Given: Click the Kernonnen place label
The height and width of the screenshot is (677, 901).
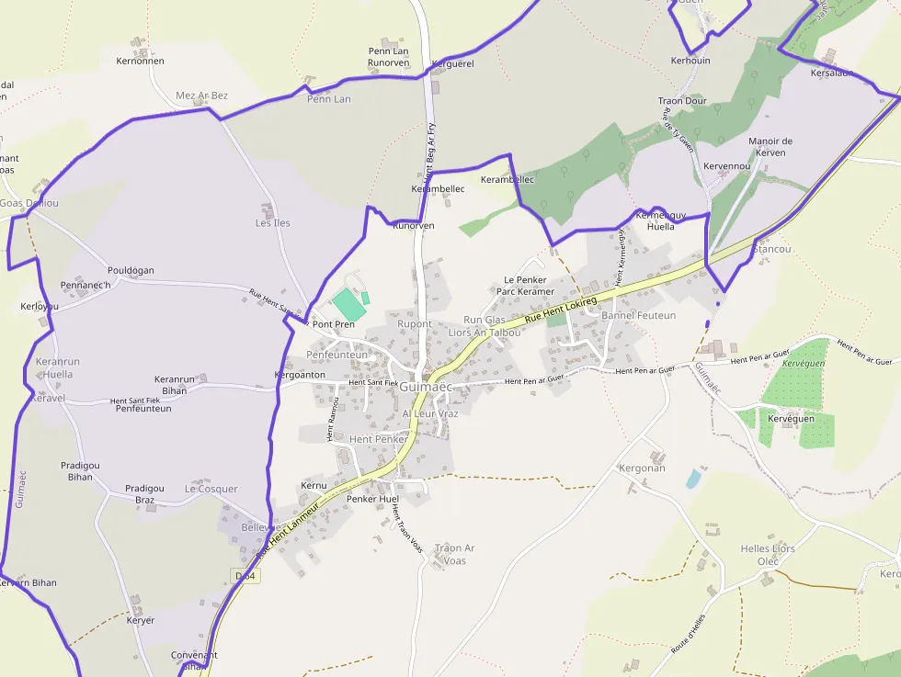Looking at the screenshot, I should tap(140, 62).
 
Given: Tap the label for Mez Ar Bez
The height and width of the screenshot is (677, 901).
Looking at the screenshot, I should tap(201, 96).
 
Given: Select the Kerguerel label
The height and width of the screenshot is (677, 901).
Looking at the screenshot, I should tap(452, 64).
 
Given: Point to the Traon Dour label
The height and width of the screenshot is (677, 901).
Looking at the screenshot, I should tap(682, 101).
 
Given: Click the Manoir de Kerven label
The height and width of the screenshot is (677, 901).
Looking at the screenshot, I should tap(770, 147).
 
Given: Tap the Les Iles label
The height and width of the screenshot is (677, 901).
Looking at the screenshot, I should tap(272, 223).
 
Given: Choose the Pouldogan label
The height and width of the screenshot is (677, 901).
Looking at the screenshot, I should tap(131, 271).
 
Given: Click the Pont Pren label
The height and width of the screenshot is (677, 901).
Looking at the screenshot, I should tap(333, 324).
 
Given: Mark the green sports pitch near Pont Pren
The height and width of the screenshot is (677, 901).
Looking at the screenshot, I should tap(347, 302).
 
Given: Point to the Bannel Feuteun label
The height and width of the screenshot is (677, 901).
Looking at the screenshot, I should tap(638, 316).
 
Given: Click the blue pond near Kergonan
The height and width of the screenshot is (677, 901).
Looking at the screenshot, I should tap(693, 479).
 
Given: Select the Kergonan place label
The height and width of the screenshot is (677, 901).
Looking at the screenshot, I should tap(642, 468).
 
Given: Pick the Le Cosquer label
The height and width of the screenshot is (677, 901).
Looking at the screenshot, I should tap(211, 490).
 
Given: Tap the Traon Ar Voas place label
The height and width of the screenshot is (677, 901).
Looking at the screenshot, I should tap(454, 555).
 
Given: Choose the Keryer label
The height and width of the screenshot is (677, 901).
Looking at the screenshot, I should tap(140, 621).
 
